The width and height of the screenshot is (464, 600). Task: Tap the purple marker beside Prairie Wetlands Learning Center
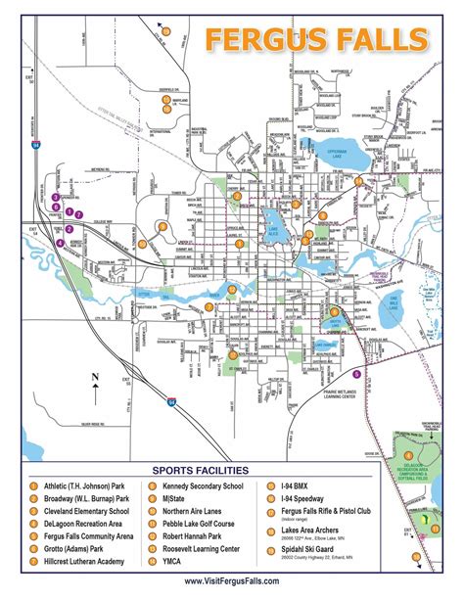pos(356,374)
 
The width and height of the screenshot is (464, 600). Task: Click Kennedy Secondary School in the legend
pos(203,484)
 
